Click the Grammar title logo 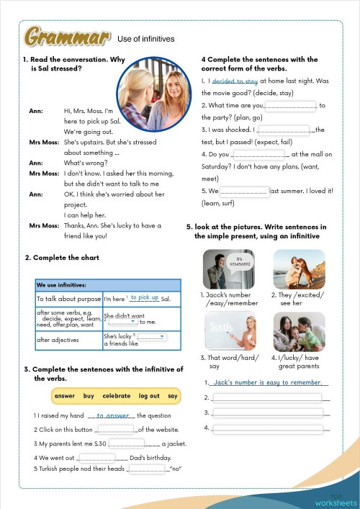(67, 37)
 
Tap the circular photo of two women (148, 92)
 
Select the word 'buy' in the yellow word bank (89, 396)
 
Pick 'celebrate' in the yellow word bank (117, 396)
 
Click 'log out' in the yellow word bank (149, 396)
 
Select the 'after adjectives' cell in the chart (54, 339)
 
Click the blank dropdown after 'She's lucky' (152, 336)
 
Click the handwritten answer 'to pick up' (144, 297)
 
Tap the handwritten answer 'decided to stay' (235, 82)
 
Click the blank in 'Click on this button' (114, 429)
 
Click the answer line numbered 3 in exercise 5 (267, 413)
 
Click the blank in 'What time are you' (292, 106)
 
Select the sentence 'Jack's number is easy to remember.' (267, 382)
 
